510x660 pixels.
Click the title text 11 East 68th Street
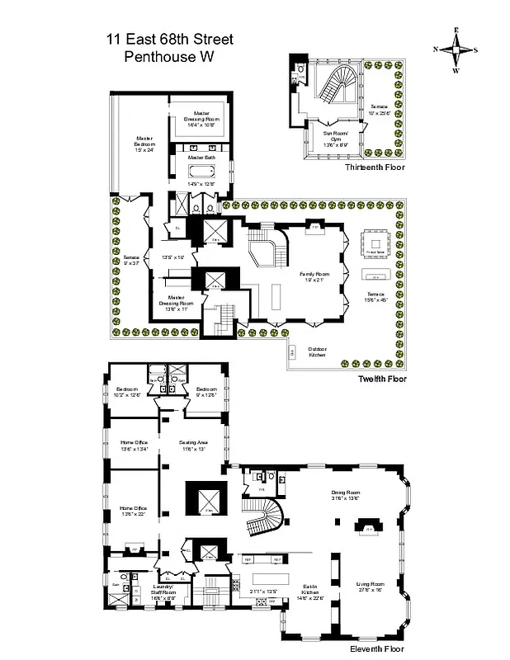click(170, 39)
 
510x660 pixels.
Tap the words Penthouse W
click(170, 57)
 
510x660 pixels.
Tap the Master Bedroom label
click(145, 144)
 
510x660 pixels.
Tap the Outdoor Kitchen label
click(317, 351)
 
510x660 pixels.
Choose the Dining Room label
click(346, 496)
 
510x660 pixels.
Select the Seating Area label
click(193, 445)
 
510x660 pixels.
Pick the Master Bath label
click(201, 157)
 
